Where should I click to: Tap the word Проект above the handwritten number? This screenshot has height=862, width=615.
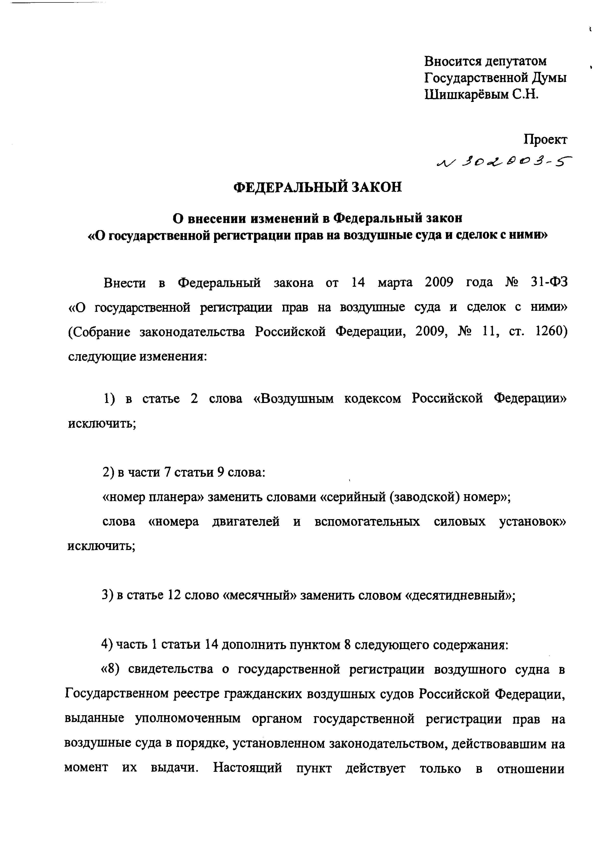click(545, 139)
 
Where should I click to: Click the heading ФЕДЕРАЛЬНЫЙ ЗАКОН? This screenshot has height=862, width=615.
click(317, 187)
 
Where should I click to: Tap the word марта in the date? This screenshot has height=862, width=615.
click(395, 283)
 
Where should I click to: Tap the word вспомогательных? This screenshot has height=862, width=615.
click(367, 522)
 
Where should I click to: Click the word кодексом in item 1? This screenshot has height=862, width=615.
click(373, 399)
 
